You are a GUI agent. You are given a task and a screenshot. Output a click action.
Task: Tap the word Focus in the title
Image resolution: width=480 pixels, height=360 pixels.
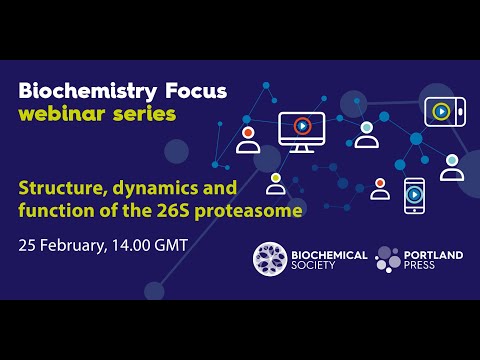coord(193,91)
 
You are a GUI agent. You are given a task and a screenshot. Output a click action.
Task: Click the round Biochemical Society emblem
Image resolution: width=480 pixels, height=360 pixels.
coord(272,260)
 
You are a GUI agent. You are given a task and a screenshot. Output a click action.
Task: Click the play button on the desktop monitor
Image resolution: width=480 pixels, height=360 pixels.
coord(302,126)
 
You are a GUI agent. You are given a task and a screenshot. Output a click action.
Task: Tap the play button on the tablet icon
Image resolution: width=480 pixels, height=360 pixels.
coord(441,111)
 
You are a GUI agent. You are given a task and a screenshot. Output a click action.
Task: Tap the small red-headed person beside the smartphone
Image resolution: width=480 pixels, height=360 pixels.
coord(380,188)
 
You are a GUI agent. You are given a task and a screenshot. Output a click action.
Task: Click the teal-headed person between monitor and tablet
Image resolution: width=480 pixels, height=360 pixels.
coord(367,134)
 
